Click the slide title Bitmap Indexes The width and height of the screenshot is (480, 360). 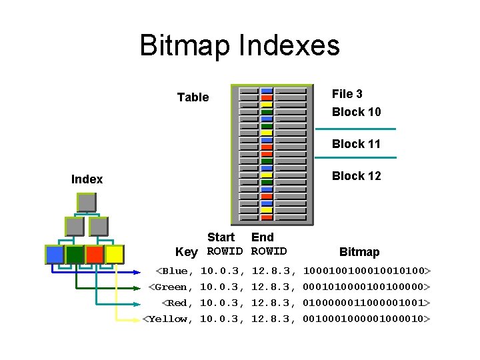coord(239,46)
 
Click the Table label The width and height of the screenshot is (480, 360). coord(193,97)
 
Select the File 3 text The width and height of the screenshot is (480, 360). coord(347,94)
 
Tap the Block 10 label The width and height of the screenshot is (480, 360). coord(356,112)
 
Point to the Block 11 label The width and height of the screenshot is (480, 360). coord(356,144)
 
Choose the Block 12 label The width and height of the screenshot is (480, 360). coord(356,176)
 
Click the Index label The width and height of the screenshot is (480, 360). coord(87,179)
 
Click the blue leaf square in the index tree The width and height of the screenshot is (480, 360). coord(55,254)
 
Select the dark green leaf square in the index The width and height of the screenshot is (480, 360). coord(75,254)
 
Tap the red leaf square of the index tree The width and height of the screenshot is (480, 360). coord(95,254)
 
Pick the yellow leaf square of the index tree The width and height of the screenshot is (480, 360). coord(114,254)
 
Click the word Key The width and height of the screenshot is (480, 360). coord(186,252)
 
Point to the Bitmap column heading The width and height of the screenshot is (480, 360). coord(359,252)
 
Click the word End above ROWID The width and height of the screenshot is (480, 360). coord(262,237)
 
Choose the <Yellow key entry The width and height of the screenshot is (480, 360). coord(168,319)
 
